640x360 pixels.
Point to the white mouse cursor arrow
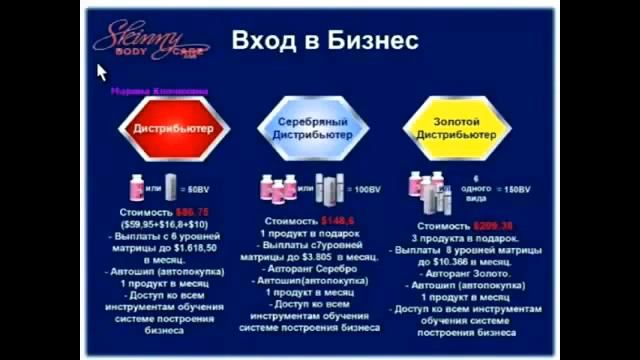click(x=100, y=72)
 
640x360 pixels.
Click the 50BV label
click(x=199, y=189)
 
